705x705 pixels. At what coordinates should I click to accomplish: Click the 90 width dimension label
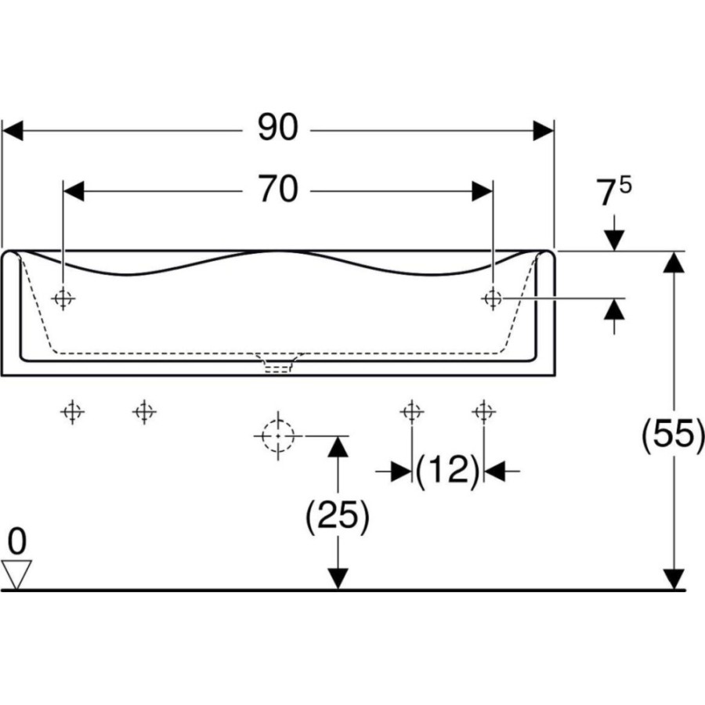pyautogui.click(x=277, y=127)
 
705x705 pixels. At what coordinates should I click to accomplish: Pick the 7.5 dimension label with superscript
pyautogui.click(x=613, y=190)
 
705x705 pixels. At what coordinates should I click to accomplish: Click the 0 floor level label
pyautogui.click(x=17, y=541)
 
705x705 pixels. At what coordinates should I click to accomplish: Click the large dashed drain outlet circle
pyautogui.click(x=278, y=436)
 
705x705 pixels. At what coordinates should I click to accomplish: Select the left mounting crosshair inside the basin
pyautogui.click(x=63, y=298)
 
